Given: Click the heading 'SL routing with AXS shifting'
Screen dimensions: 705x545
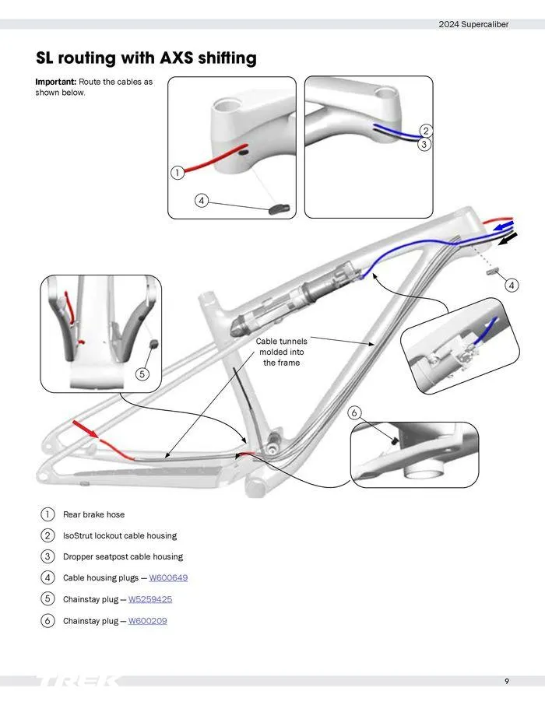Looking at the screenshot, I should pyautogui.click(x=146, y=58).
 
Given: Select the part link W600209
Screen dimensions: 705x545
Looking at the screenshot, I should pyautogui.click(x=147, y=621).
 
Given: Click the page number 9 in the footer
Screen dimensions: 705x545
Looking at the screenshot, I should pyautogui.click(x=507, y=682).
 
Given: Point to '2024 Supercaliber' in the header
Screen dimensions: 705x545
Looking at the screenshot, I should pyautogui.click(x=473, y=24).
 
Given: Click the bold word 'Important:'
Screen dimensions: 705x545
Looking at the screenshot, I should pyautogui.click(x=56, y=82).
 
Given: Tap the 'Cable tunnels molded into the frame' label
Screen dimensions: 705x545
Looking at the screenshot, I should pyautogui.click(x=281, y=352).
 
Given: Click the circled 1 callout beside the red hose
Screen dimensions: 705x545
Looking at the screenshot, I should pyautogui.click(x=178, y=173).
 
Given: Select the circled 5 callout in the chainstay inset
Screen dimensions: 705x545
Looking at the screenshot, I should pyautogui.click(x=142, y=374).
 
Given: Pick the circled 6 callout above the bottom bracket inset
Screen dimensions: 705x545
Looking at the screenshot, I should pyautogui.click(x=354, y=412).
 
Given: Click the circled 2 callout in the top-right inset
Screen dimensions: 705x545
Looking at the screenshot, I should pyautogui.click(x=425, y=131).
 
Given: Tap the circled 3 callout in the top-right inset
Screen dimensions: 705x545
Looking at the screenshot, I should pyautogui.click(x=424, y=144).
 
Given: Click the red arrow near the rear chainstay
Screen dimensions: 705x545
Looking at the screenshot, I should pyautogui.click(x=85, y=429).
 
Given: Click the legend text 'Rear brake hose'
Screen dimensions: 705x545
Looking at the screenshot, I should pyautogui.click(x=93, y=514).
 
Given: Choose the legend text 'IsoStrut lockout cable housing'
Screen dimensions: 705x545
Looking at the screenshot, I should pyautogui.click(x=120, y=535).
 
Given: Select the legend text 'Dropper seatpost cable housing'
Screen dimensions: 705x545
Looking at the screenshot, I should pyautogui.click(x=123, y=557).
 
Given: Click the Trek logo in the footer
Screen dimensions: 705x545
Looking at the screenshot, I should pyautogui.click(x=78, y=682).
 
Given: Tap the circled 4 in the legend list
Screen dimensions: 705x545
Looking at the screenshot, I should pyautogui.click(x=47, y=578).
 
